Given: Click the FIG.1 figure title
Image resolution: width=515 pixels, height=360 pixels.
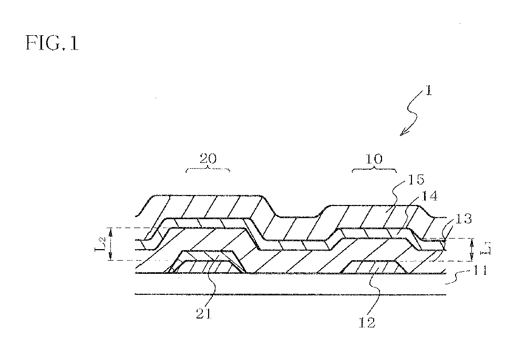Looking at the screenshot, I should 51,43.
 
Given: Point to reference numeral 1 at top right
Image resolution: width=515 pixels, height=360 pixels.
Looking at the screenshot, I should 428,91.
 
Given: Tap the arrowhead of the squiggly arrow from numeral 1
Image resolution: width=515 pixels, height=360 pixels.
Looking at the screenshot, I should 403,133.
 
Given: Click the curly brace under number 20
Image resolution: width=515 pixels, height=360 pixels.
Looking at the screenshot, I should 209,170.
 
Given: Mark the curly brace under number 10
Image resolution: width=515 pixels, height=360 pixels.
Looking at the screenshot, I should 374,170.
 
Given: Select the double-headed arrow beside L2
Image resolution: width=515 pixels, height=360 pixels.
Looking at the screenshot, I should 110,244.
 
